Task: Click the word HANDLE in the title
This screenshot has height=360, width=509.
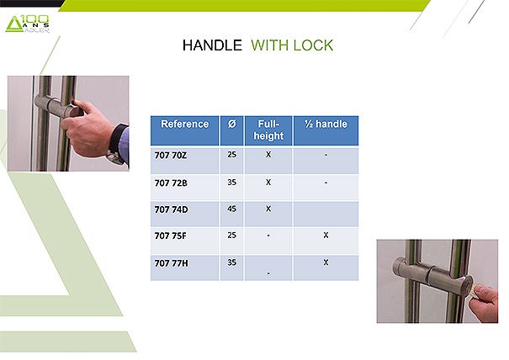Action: [x=212, y=45]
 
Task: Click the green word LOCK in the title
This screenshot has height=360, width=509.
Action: [x=313, y=45]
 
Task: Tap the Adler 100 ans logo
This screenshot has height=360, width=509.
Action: [x=28, y=24]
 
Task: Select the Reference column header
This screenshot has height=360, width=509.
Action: [x=185, y=124]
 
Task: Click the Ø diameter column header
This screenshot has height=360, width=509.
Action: [x=231, y=124]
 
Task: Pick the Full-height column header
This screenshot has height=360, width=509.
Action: [x=268, y=130]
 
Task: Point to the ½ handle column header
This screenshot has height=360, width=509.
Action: [x=326, y=124]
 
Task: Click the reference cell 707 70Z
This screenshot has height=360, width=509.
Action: [x=171, y=156]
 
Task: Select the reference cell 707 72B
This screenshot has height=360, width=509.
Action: [x=171, y=183]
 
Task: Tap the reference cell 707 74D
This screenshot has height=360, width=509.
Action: [x=171, y=209]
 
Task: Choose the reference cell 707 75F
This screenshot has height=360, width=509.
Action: [x=171, y=236]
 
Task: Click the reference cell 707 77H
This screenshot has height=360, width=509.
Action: [x=171, y=263]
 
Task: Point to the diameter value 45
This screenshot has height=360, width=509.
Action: [x=231, y=209]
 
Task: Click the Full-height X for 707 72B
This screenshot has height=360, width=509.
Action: [x=268, y=183]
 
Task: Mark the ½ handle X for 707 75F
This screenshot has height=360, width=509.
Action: [x=326, y=235]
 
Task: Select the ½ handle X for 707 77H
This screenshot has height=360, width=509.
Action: [x=326, y=262]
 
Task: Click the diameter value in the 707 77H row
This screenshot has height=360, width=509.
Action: [x=231, y=262]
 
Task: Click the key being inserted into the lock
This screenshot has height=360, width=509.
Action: [x=475, y=291]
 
